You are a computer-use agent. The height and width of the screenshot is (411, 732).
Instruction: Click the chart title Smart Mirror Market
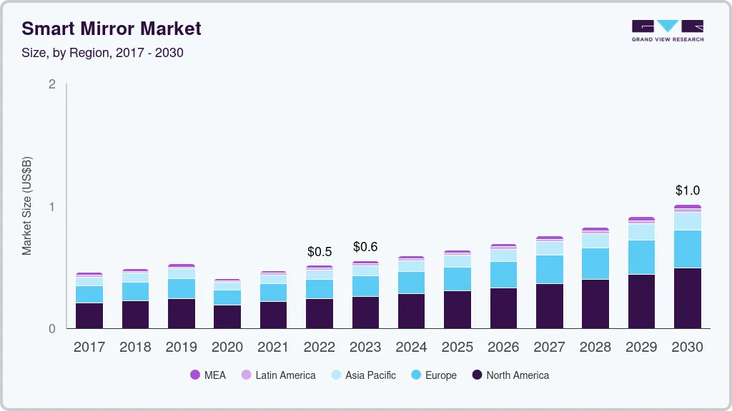[112, 29]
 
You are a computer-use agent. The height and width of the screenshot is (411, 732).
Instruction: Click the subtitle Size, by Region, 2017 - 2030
[102, 53]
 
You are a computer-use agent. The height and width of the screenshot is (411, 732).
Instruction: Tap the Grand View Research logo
[667, 31]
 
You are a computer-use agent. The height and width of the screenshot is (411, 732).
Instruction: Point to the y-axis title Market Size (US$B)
[26, 205]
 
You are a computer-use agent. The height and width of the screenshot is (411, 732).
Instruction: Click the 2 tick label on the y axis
[51, 84]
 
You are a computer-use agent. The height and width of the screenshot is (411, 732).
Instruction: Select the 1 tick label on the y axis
[51, 207]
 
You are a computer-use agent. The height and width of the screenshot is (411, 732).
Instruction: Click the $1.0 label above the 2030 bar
[687, 191]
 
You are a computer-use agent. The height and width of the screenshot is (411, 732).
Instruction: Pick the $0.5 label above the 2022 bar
[320, 252]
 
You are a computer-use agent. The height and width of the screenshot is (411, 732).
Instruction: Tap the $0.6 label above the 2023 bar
[365, 248]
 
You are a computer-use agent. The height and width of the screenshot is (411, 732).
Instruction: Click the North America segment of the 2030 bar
[687, 298]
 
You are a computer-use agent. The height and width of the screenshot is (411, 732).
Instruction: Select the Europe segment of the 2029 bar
[641, 257]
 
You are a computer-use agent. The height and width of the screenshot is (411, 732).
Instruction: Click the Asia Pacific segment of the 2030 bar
[687, 221]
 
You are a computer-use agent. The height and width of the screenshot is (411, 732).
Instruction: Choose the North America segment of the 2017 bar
[89, 315]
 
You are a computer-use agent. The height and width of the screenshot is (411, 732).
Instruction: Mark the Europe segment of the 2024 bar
[411, 283]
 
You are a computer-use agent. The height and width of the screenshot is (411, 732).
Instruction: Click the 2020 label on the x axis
[227, 347]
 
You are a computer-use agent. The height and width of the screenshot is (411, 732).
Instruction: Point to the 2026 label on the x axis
[503, 347]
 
